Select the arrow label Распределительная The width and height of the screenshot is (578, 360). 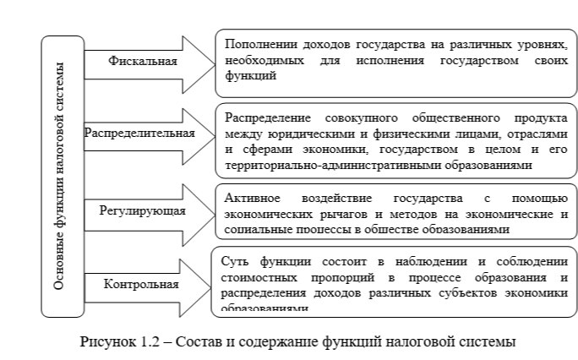point(140,133)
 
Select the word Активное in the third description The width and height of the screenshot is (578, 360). point(248,198)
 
